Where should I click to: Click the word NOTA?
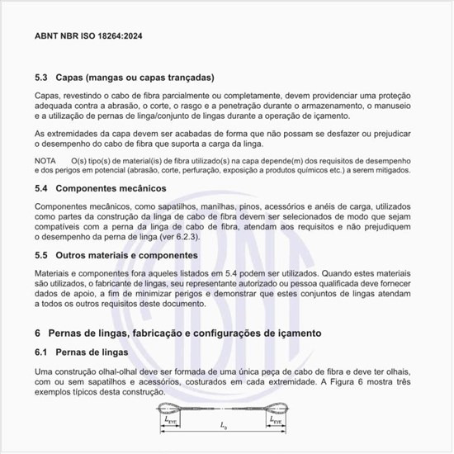(46, 158)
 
